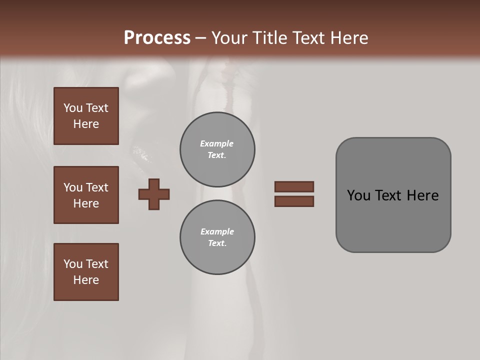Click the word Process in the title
click(x=157, y=38)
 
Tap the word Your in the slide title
click(x=229, y=38)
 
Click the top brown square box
click(x=86, y=116)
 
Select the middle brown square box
click(x=86, y=195)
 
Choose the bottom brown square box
click(x=86, y=272)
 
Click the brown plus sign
click(x=154, y=194)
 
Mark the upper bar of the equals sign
click(x=294, y=186)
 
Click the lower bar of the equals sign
click(x=294, y=201)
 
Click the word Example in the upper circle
click(x=217, y=143)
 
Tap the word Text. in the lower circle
click(x=217, y=243)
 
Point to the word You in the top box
click(x=73, y=108)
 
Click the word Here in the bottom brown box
click(x=86, y=280)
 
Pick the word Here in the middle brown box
click(x=86, y=203)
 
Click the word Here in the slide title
click(x=348, y=38)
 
